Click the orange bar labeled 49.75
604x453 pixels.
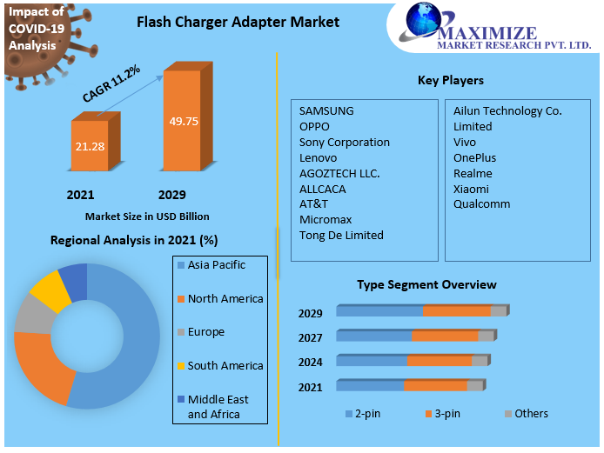(184, 122)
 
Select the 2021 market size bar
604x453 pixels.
(91, 145)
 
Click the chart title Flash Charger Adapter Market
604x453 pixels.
(238, 22)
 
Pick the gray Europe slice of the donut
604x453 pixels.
(32, 315)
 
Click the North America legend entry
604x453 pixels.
(225, 298)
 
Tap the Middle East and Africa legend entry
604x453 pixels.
(218, 407)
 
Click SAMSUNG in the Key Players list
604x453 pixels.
(326, 110)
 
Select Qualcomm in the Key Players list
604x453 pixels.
(481, 204)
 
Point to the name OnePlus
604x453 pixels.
(474, 157)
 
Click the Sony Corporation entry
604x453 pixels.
(344, 142)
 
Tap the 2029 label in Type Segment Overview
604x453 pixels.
(310, 313)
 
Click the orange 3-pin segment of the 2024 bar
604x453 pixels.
(439, 361)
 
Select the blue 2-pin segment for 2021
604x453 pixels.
(370, 385)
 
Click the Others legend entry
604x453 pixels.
(531, 413)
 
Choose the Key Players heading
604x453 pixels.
(450, 80)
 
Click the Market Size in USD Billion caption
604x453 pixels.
(147, 216)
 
